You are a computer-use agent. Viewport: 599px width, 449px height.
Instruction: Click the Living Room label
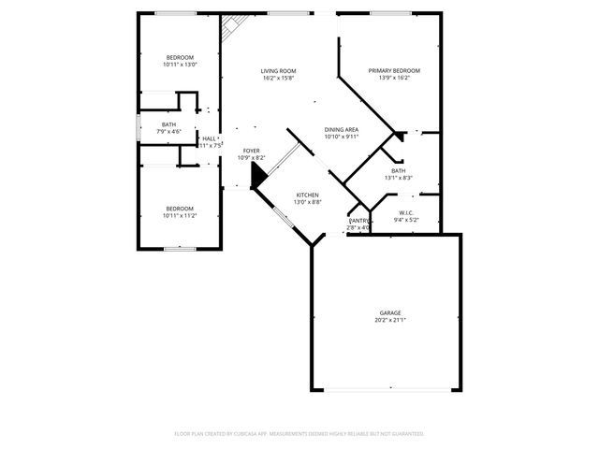click(x=278, y=71)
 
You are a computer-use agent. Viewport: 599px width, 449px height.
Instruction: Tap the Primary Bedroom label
click(x=393, y=71)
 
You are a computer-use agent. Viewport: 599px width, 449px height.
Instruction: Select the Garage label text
click(x=390, y=312)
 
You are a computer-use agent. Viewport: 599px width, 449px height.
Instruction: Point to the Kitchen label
click(x=308, y=196)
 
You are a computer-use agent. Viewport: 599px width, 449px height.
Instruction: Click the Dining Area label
click(x=341, y=130)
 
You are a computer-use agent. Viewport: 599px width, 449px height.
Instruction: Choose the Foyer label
click(x=251, y=151)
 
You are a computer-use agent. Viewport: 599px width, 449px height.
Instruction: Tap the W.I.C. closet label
click(x=406, y=212)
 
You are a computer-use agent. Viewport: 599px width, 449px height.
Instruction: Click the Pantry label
click(x=358, y=220)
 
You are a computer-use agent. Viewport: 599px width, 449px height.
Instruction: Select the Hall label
click(x=208, y=138)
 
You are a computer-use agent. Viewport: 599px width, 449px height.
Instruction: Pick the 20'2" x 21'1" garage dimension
click(x=390, y=320)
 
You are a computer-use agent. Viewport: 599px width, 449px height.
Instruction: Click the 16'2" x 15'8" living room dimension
click(x=278, y=79)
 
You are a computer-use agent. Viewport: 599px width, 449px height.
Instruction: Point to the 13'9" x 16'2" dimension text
click(x=393, y=79)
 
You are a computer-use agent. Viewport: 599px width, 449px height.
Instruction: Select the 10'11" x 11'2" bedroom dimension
click(x=180, y=215)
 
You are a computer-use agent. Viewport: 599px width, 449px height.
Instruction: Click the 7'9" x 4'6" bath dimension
click(x=168, y=132)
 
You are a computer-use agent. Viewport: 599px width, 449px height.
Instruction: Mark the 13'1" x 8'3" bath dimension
click(x=398, y=178)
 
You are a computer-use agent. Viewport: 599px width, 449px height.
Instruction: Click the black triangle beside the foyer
click(x=257, y=178)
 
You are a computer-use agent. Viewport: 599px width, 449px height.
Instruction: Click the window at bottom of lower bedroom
click(x=179, y=248)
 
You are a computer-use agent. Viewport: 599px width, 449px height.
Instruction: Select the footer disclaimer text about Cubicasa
click(x=299, y=434)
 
